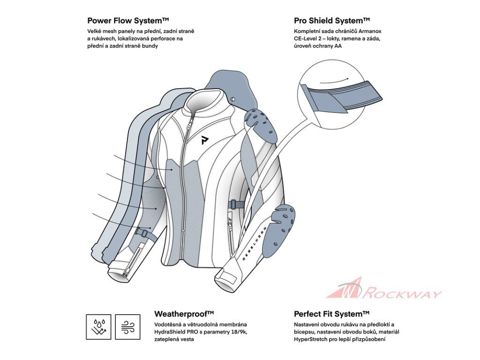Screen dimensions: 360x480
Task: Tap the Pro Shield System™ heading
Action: (332, 21)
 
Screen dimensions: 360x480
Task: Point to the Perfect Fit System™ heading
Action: (332, 314)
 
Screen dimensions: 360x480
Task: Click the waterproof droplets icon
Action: (99, 327)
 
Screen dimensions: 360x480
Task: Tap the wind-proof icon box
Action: (127, 327)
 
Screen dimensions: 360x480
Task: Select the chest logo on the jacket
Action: (205, 140)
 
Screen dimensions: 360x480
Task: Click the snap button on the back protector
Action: (233, 99)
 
